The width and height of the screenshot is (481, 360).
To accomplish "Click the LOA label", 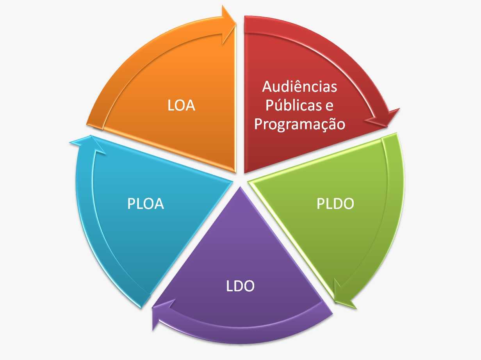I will tap(181, 105).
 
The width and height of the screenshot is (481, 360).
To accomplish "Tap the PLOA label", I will tap(145, 203).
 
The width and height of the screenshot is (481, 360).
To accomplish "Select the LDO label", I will tap(240, 286).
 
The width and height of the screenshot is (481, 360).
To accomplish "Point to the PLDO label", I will tap(335, 203).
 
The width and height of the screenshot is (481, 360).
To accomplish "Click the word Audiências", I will tap(299, 86).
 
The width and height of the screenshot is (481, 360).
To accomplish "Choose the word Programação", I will tap(299, 125).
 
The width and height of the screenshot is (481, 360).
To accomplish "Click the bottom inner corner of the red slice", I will tap(245, 172).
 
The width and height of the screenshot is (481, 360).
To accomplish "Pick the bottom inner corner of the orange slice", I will tap(235, 172).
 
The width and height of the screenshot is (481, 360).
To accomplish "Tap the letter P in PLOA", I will tap(131, 204).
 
